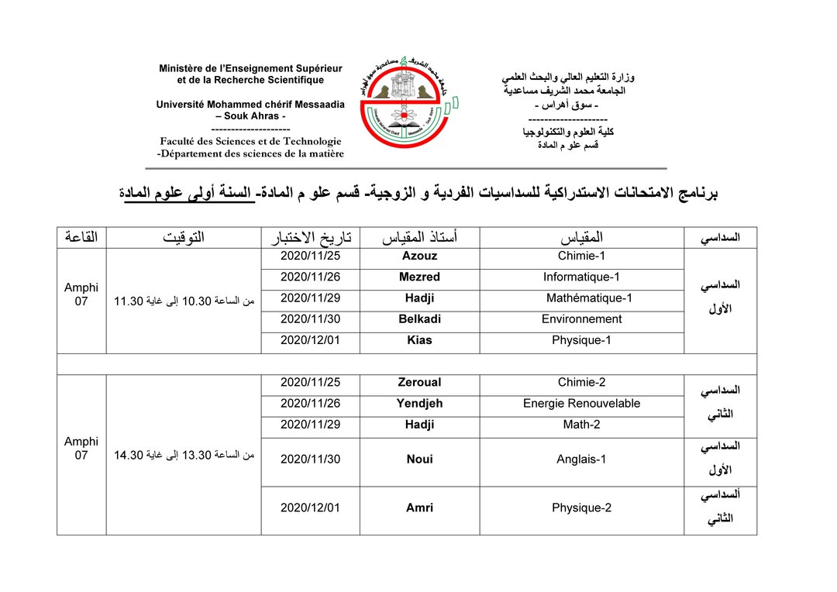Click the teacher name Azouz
pyautogui.click(x=419, y=256)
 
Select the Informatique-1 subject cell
pyautogui.click(x=581, y=277)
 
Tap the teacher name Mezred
pyautogui.click(x=419, y=277)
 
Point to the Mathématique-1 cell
pyautogui.click(x=589, y=298)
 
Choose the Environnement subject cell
pyautogui.click(x=581, y=318)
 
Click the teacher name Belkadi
pyautogui.click(x=419, y=318)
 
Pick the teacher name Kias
pyautogui.click(x=419, y=340)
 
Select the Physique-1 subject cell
pyautogui.click(x=581, y=340)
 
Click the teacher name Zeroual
pyautogui.click(x=419, y=382)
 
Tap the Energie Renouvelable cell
pyautogui.click(x=581, y=403)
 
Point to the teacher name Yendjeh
pyautogui.click(x=419, y=403)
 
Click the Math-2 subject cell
pyautogui.click(x=581, y=425)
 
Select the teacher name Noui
pyautogui.click(x=419, y=459)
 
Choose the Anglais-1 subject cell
pyautogui.click(x=581, y=459)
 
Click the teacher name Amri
pyautogui.click(x=419, y=508)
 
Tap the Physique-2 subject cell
pyautogui.click(x=581, y=508)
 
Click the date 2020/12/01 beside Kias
pyautogui.click(x=310, y=340)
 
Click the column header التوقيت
pyautogui.click(x=184, y=237)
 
